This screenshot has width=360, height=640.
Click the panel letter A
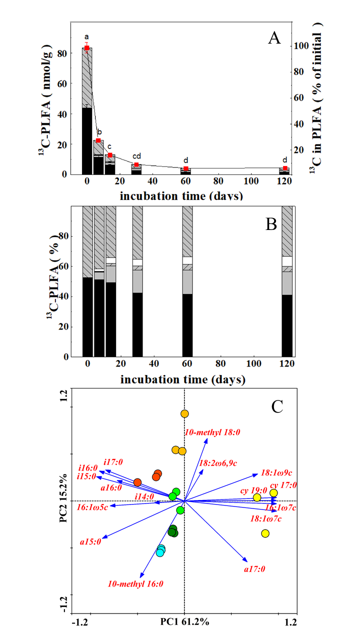point(273,38)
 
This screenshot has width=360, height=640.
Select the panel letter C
point(277,406)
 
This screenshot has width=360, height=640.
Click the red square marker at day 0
point(86,48)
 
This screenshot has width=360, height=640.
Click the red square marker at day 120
point(285,168)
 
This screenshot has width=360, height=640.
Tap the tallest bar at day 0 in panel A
point(87,110)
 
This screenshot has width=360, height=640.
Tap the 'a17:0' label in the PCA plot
point(254,569)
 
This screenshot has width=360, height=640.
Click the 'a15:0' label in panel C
point(91,541)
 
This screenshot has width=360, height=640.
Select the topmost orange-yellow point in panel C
point(184,413)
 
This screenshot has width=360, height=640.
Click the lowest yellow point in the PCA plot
point(265,533)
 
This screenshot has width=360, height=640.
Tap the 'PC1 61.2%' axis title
point(184,622)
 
